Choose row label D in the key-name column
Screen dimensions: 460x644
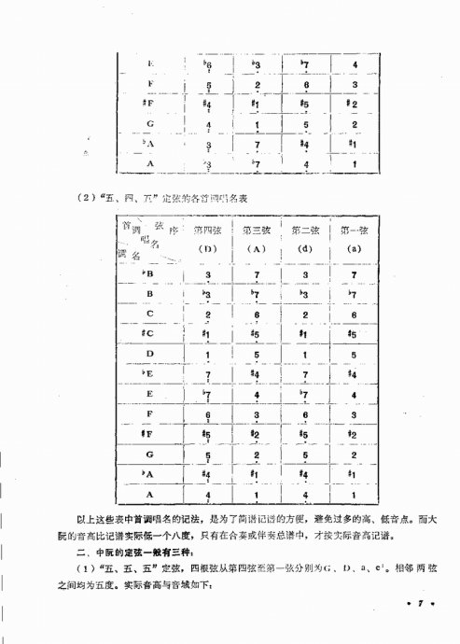tap(148, 354)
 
